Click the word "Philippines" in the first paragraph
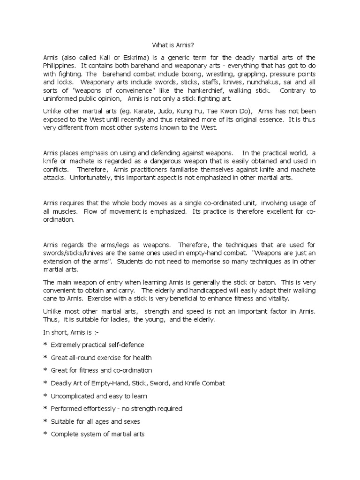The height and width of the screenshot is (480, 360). click(x=60, y=66)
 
